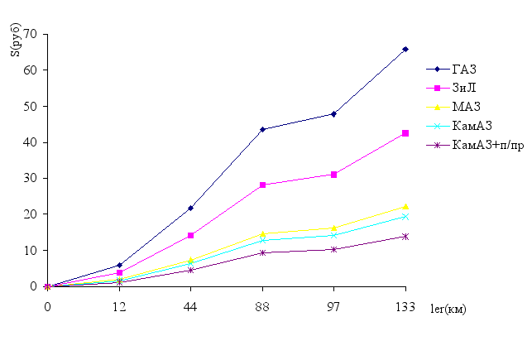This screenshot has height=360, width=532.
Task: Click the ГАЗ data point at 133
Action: click(405, 49)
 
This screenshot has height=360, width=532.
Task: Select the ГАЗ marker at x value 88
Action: click(262, 129)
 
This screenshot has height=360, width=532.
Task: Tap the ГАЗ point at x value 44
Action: click(191, 208)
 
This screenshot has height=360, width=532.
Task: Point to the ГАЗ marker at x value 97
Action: click(333, 114)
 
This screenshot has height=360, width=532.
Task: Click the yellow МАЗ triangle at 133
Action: click(405, 206)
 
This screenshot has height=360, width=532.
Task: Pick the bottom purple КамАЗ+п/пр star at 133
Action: click(405, 236)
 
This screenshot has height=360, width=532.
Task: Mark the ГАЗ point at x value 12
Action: click(119, 265)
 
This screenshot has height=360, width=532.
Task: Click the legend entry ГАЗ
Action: click(464, 68)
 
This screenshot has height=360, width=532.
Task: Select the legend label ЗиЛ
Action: click(463, 87)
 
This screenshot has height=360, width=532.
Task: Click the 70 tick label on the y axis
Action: click(31, 34)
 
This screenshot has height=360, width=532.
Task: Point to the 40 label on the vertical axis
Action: click(31, 142)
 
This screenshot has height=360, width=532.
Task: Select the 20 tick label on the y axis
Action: click(31, 214)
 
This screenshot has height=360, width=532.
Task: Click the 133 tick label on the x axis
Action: click(405, 306)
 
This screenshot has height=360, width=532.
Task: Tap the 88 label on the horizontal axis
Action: click(262, 306)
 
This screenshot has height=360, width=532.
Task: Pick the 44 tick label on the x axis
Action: click(191, 306)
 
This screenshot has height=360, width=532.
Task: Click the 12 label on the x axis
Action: click(119, 306)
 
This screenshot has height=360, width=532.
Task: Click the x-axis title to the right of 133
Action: click(448, 309)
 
